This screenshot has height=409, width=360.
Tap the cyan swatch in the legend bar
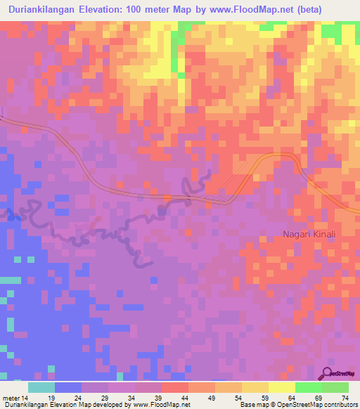coord(41,387)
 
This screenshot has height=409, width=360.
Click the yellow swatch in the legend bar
coord(282,387)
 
